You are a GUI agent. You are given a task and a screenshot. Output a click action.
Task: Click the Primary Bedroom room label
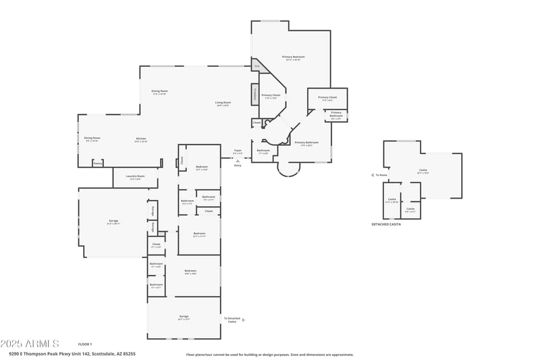pos(294,57)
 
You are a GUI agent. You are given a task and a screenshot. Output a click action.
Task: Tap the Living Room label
pos(223,103)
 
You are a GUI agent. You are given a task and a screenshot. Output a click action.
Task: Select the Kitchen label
pos(140,140)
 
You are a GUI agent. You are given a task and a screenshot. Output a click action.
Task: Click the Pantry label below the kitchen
pos(98,163)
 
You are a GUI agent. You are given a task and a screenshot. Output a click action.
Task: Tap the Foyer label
pos(238,151)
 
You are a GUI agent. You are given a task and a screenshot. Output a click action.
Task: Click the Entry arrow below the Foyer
pos(238,160)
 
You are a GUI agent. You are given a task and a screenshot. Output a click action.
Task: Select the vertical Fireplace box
pos(255,95)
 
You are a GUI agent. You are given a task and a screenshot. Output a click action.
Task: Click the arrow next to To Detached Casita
pos(243,320)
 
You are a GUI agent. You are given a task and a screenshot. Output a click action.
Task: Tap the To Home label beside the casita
pos(381,175)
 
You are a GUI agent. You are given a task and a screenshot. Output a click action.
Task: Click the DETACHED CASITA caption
pos(386,224)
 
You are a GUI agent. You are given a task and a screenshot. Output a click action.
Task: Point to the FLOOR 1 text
pos(85,344)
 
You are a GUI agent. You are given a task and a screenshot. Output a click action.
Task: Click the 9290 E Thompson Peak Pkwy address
pos(72,353)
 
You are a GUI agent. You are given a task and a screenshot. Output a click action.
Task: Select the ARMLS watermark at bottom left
pos(30,344)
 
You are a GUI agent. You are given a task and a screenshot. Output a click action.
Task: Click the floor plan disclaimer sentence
pos(269,354)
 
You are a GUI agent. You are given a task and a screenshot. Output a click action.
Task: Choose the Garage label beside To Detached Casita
pos(184,317)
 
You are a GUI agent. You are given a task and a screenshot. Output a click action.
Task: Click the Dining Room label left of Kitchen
pos(92,138)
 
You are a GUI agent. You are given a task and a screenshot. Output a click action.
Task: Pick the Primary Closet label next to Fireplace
pos(271,96)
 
